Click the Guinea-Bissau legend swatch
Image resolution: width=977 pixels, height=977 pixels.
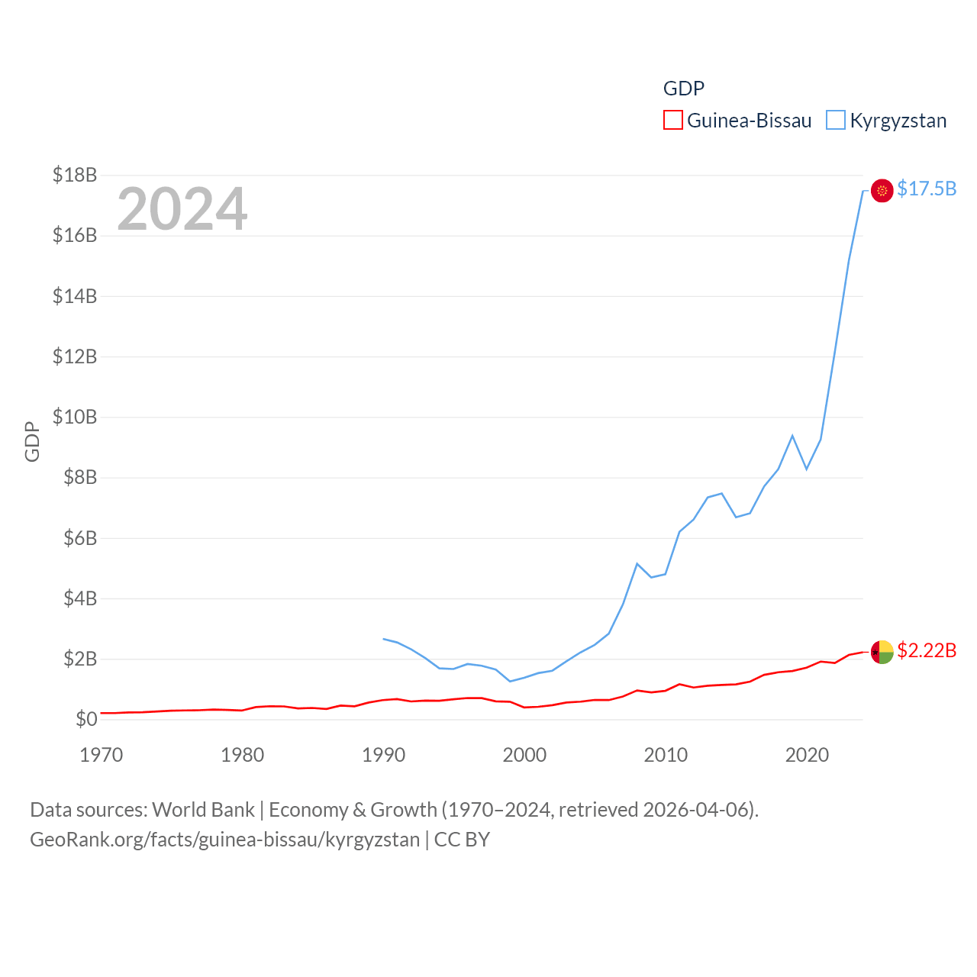pos(672,121)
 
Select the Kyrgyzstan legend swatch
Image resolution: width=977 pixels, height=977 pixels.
pos(836,121)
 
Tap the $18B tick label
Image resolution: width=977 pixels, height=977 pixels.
pos(75,175)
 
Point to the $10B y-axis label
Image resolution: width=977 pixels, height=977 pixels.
pos(75,417)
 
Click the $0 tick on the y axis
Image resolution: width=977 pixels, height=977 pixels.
pos(86,719)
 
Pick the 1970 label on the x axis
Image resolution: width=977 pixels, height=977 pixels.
pos(102,755)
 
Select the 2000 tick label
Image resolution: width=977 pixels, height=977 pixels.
pos(524,755)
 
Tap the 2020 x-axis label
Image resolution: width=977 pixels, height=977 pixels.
pos(807,755)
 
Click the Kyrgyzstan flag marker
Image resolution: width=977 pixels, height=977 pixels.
pos(882,191)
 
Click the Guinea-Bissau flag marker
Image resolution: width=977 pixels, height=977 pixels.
pos(882,652)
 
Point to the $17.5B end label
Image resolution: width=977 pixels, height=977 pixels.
pos(927,189)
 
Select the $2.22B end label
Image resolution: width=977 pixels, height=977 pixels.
pos(927,650)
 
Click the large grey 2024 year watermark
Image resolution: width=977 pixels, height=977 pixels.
pos(182,208)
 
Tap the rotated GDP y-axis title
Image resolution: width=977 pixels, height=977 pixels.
pos(32,441)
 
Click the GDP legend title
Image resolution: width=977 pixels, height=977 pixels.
pos(683,89)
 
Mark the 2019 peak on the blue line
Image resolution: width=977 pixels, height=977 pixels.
pos(792,436)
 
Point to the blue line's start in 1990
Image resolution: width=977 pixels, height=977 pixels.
pos(384,639)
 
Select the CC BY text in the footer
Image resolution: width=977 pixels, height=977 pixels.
pos(462,840)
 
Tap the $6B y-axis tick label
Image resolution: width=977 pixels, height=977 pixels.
pos(75,538)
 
